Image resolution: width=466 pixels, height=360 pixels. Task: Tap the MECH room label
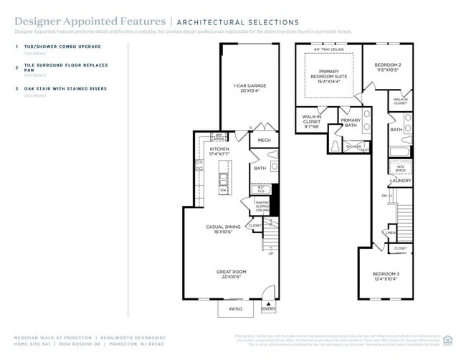coord(264,141)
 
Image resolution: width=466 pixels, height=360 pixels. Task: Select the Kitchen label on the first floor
coord(221,151)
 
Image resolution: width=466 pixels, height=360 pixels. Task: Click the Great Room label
coord(232,275)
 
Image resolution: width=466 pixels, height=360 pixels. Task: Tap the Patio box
coord(235,309)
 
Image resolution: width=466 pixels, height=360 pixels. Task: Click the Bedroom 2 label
coord(389,68)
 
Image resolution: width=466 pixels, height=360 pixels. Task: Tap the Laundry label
coord(400,181)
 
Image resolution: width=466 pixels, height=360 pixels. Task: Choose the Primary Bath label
coord(351,123)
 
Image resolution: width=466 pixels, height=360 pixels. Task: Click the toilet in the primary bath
coord(336,146)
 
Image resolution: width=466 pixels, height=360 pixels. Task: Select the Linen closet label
coord(390,232)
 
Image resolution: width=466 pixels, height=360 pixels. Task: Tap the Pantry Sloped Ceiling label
coord(262,207)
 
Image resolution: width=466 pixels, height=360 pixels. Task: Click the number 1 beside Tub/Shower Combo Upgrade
coord(16,47)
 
